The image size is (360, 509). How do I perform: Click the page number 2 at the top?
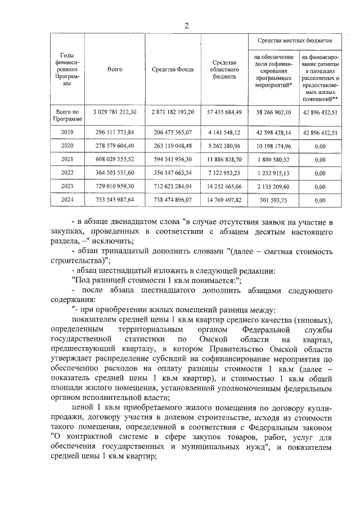(x=186, y=25)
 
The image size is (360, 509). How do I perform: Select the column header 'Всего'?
(x=115, y=69)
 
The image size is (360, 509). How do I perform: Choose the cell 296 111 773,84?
(x=115, y=133)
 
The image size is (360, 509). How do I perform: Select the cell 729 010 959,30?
(x=115, y=186)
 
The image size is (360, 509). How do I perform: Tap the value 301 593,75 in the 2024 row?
(x=272, y=199)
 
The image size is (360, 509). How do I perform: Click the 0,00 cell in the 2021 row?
(x=321, y=159)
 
